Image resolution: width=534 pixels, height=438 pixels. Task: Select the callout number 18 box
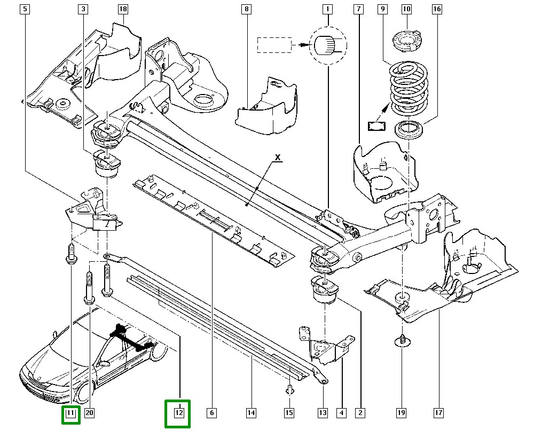click(x=123, y=9)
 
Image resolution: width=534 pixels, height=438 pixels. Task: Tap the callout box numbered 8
click(x=246, y=9)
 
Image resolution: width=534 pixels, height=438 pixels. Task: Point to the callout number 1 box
click(x=327, y=9)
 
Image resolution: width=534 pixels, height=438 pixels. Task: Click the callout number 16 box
click(x=437, y=9)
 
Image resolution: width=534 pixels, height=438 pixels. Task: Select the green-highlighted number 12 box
click(x=178, y=413)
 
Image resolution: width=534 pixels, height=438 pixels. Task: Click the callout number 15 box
click(x=289, y=412)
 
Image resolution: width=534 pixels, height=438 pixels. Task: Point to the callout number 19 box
click(x=402, y=412)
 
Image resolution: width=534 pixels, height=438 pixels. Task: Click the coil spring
click(x=408, y=88)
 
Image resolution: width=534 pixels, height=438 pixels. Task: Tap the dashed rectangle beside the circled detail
click(x=274, y=45)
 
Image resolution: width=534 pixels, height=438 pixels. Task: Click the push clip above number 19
click(x=401, y=340)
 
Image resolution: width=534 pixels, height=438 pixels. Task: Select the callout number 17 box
click(x=438, y=412)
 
